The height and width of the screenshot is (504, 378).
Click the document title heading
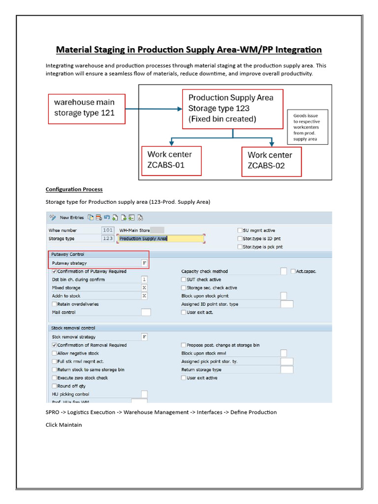pos(189,50)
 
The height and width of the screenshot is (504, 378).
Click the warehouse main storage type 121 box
pos(86,108)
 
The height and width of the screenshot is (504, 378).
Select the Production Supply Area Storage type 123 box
pos(232,108)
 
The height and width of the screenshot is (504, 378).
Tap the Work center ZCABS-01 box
pos(171,160)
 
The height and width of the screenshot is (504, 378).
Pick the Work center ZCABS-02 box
pos(270,160)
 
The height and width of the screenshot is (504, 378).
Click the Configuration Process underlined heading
pos(74,189)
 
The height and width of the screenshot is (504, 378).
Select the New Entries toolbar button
pos(67,217)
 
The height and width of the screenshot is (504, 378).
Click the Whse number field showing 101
pos(108,230)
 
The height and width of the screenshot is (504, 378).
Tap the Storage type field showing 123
pos(108,238)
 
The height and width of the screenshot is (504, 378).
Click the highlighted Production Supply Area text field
pos(160,239)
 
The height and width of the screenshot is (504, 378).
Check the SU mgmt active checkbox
pos(240,230)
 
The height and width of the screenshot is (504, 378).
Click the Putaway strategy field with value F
pos(144,263)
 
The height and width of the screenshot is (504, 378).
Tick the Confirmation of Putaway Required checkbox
pos(54,271)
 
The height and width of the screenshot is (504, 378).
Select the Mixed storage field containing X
pos(144,288)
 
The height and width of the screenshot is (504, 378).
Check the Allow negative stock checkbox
pos(54,353)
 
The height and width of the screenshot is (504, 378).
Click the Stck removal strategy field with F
pos(144,337)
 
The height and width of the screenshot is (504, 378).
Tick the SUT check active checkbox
pos(184,280)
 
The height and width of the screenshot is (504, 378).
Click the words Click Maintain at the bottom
pos(63,425)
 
